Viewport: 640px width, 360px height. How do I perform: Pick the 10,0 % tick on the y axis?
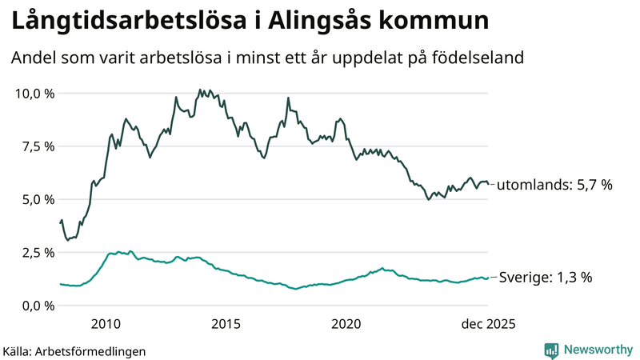click(35, 94)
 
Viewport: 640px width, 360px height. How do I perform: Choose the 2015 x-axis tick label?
click(226, 324)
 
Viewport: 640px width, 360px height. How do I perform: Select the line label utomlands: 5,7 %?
click(554, 186)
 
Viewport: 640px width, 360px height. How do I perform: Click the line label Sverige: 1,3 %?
click(546, 278)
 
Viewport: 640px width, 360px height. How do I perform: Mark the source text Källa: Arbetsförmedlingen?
click(74, 350)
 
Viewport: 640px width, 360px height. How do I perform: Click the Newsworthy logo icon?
click(552, 350)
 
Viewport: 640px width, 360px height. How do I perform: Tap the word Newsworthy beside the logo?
click(597, 350)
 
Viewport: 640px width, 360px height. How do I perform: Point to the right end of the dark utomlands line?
click(489, 185)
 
